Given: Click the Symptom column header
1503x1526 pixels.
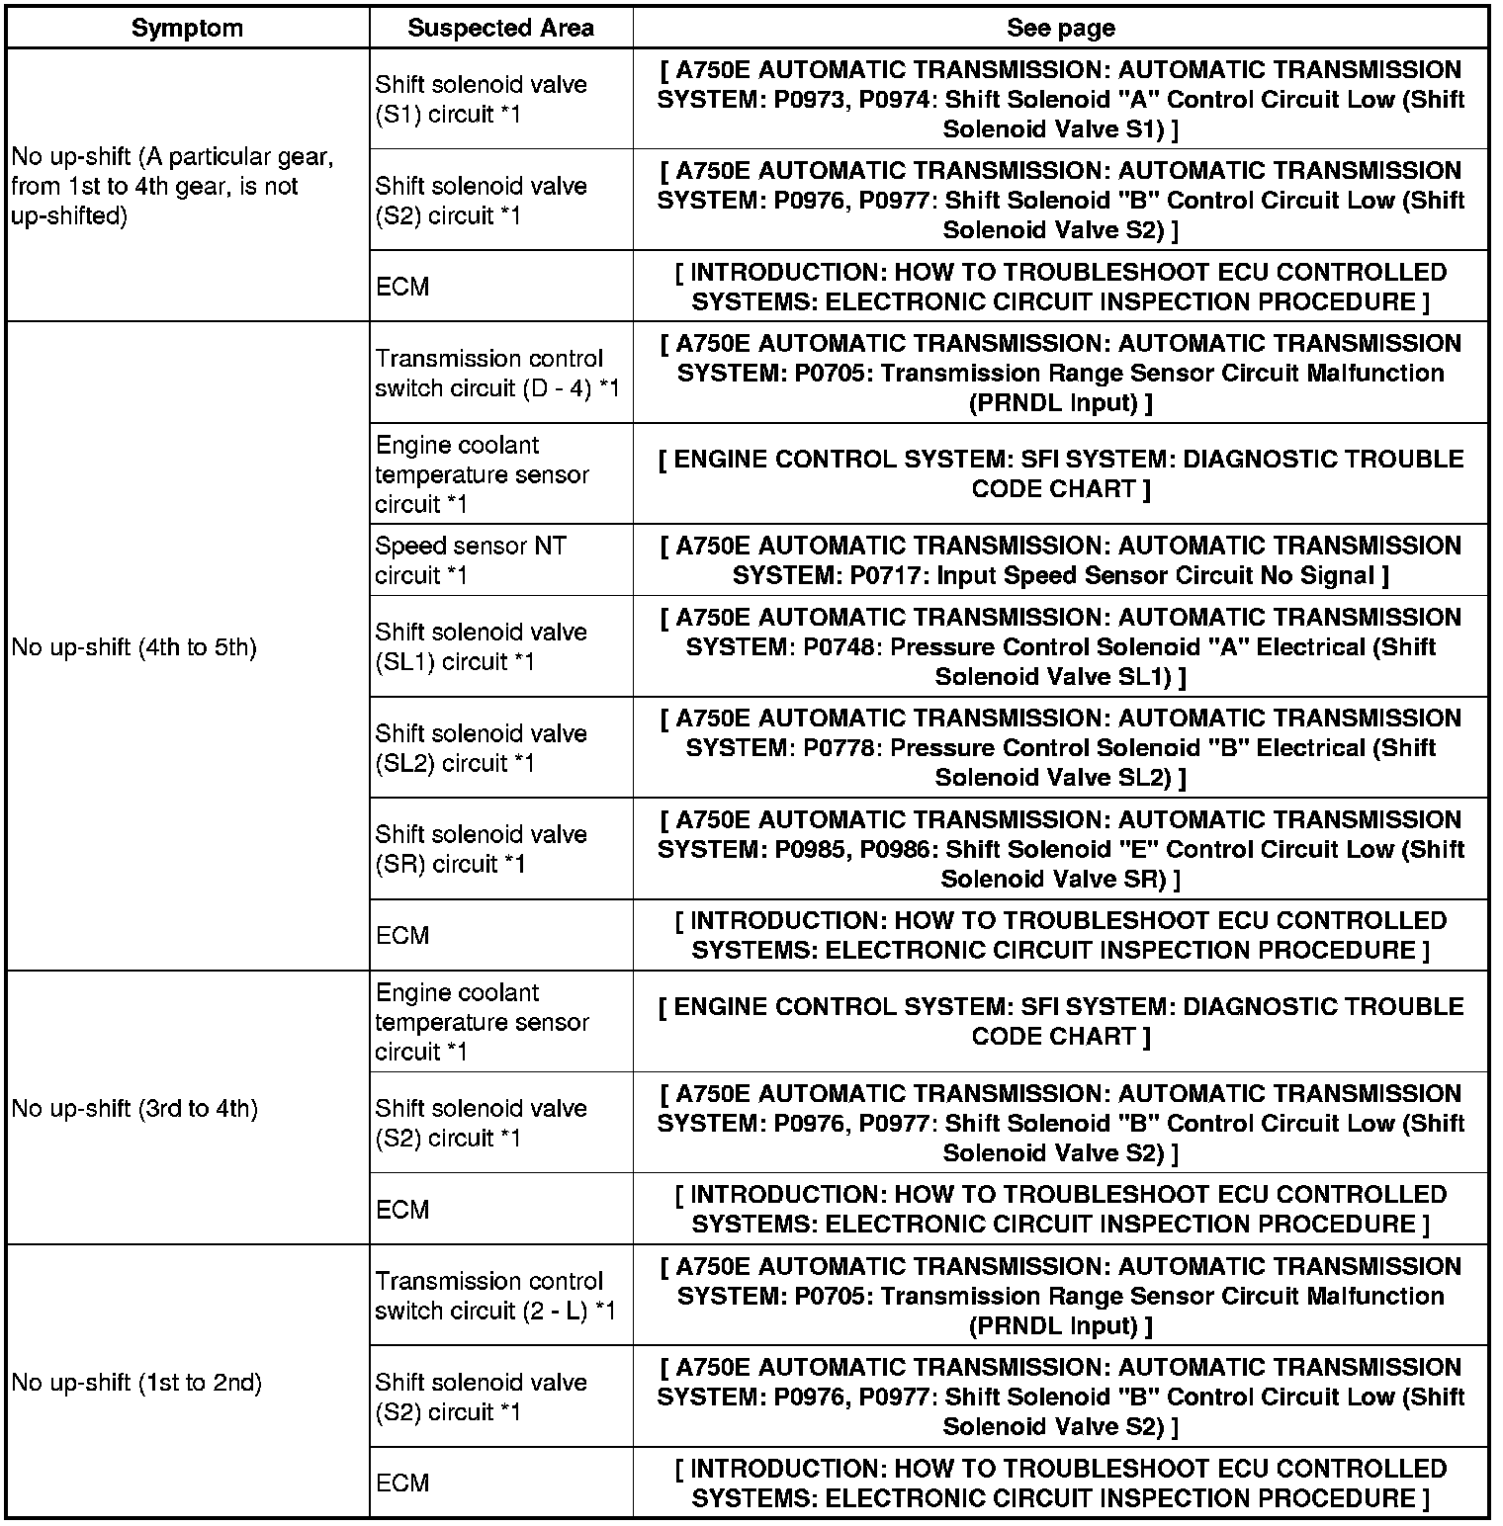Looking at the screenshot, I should pyautogui.click(x=187, y=28).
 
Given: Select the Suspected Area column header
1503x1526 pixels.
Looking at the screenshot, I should pyautogui.click(x=500, y=28).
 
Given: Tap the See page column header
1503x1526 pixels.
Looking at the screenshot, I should pyautogui.click(x=1060, y=28).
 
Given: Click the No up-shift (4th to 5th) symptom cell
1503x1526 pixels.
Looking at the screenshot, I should pyautogui.click(x=134, y=647).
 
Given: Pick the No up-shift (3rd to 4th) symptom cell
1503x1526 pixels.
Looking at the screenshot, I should pyautogui.click(x=135, y=1109).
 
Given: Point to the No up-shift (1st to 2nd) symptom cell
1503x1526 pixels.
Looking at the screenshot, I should pyautogui.click(x=137, y=1383).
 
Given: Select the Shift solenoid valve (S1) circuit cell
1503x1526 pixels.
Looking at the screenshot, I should pyautogui.click(x=481, y=100).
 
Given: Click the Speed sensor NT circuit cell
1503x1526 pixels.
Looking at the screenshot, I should pyautogui.click(x=471, y=560).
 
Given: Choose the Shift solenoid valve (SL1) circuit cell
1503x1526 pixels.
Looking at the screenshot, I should pyautogui.click(x=481, y=647).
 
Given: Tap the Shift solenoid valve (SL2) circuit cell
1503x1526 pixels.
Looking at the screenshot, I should pyautogui.click(x=481, y=748).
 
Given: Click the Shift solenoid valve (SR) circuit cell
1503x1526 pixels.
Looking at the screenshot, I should pyautogui.click(x=481, y=849).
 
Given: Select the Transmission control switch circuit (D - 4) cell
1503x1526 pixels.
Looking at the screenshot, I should pyautogui.click(x=497, y=374).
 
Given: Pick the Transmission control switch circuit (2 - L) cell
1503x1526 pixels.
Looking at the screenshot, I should pyautogui.click(x=495, y=1296).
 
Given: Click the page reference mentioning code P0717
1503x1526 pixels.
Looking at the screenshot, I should pyautogui.click(x=1060, y=560).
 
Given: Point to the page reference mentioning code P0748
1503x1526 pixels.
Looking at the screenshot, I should pyautogui.click(x=1060, y=647).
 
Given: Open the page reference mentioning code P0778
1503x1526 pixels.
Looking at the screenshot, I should pyautogui.click(x=1060, y=748).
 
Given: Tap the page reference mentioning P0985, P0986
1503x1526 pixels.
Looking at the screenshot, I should pyautogui.click(x=1060, y=849).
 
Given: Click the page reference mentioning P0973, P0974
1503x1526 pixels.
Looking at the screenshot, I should pyautogui.click(x=1060, y=100).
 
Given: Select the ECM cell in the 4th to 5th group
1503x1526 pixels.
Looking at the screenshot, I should pyautogui.click(x=402, y=935).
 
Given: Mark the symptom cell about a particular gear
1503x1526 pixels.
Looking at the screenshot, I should pyautogui.click(x=173, y=187).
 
